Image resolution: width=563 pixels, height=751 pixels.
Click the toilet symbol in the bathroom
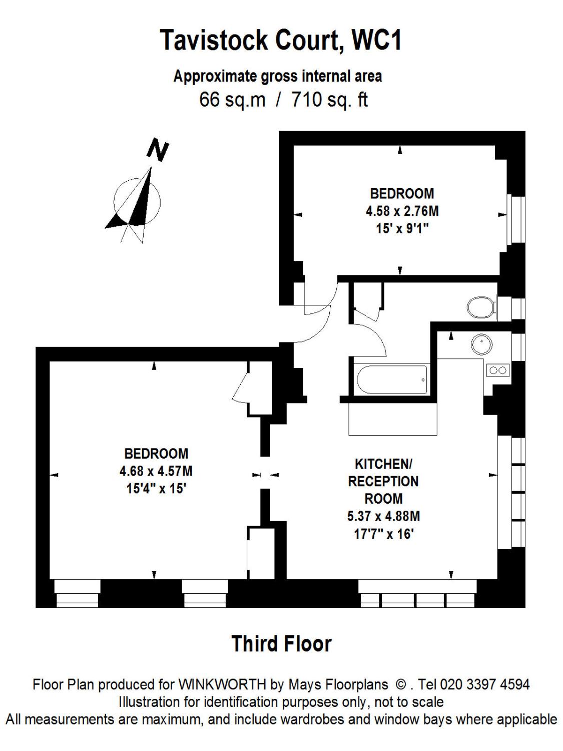[479, 307]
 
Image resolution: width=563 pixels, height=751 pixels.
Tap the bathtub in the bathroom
[392, 380]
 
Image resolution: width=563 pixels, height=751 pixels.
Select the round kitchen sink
[481, 344]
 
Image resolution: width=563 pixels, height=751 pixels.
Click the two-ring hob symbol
[498, 370]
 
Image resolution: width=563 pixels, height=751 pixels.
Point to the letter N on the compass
[158, 150]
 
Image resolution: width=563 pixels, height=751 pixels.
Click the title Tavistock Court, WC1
[281, 40]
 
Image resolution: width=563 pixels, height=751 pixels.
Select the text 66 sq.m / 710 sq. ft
[283, 100]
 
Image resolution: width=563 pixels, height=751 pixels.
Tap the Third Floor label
[281, 644]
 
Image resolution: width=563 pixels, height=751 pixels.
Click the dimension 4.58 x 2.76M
[402, 211]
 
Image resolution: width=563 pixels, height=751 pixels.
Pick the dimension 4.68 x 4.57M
[156, 471]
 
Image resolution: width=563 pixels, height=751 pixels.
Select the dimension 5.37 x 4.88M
[383, 516]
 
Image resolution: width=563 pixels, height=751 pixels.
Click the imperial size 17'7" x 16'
[383, 534]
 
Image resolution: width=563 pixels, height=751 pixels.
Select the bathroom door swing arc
[378, 340]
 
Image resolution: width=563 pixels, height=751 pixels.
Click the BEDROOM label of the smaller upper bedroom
[402, 193]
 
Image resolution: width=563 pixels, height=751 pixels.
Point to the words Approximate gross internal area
[277, 77]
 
